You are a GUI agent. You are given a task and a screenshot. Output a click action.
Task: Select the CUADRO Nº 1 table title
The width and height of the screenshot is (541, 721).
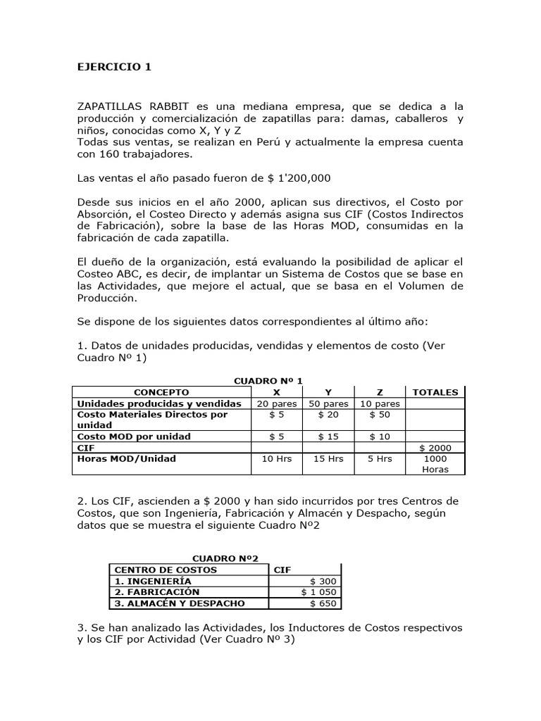268,380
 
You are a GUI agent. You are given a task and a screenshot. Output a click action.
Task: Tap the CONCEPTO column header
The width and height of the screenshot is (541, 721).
161,392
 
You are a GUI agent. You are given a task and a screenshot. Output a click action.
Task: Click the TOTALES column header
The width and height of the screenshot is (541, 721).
435,392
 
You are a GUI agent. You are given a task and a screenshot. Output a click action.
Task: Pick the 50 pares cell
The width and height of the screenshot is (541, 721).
328,403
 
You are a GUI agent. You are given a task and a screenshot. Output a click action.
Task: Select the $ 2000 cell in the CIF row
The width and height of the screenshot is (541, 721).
435,447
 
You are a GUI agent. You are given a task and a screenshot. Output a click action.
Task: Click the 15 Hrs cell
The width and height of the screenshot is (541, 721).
328,458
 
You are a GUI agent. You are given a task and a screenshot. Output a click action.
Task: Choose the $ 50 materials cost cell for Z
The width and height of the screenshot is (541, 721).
380,415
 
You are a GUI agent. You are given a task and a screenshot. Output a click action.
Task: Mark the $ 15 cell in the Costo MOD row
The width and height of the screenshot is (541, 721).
328,437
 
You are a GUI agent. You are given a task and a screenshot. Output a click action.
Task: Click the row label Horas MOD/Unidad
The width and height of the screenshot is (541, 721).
126,458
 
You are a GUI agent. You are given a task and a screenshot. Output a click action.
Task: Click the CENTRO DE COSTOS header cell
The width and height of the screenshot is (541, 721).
166,570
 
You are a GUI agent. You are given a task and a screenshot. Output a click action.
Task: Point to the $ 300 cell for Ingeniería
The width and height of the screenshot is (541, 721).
324,581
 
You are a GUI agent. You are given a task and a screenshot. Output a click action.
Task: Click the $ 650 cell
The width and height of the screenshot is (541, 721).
324,603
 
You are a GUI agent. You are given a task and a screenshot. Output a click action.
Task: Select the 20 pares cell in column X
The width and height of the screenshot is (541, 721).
277,403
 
